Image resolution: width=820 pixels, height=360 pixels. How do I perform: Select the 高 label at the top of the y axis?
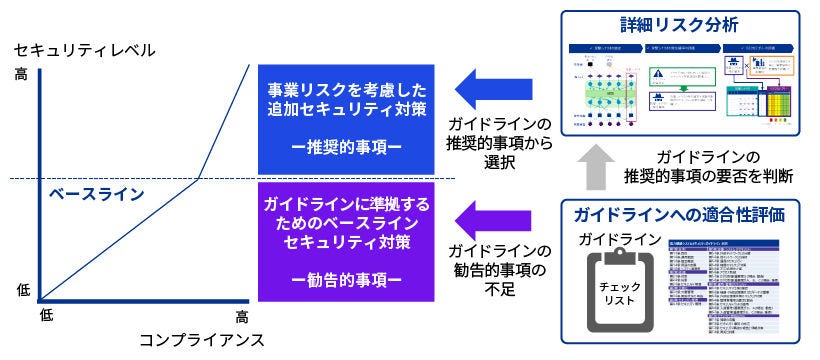click(22, 74)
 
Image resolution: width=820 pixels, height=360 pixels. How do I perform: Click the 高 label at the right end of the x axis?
click(242, 316)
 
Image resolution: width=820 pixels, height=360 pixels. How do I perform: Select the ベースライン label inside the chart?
click(97, 193)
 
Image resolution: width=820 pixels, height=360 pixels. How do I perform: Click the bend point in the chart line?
click(199, 179)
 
